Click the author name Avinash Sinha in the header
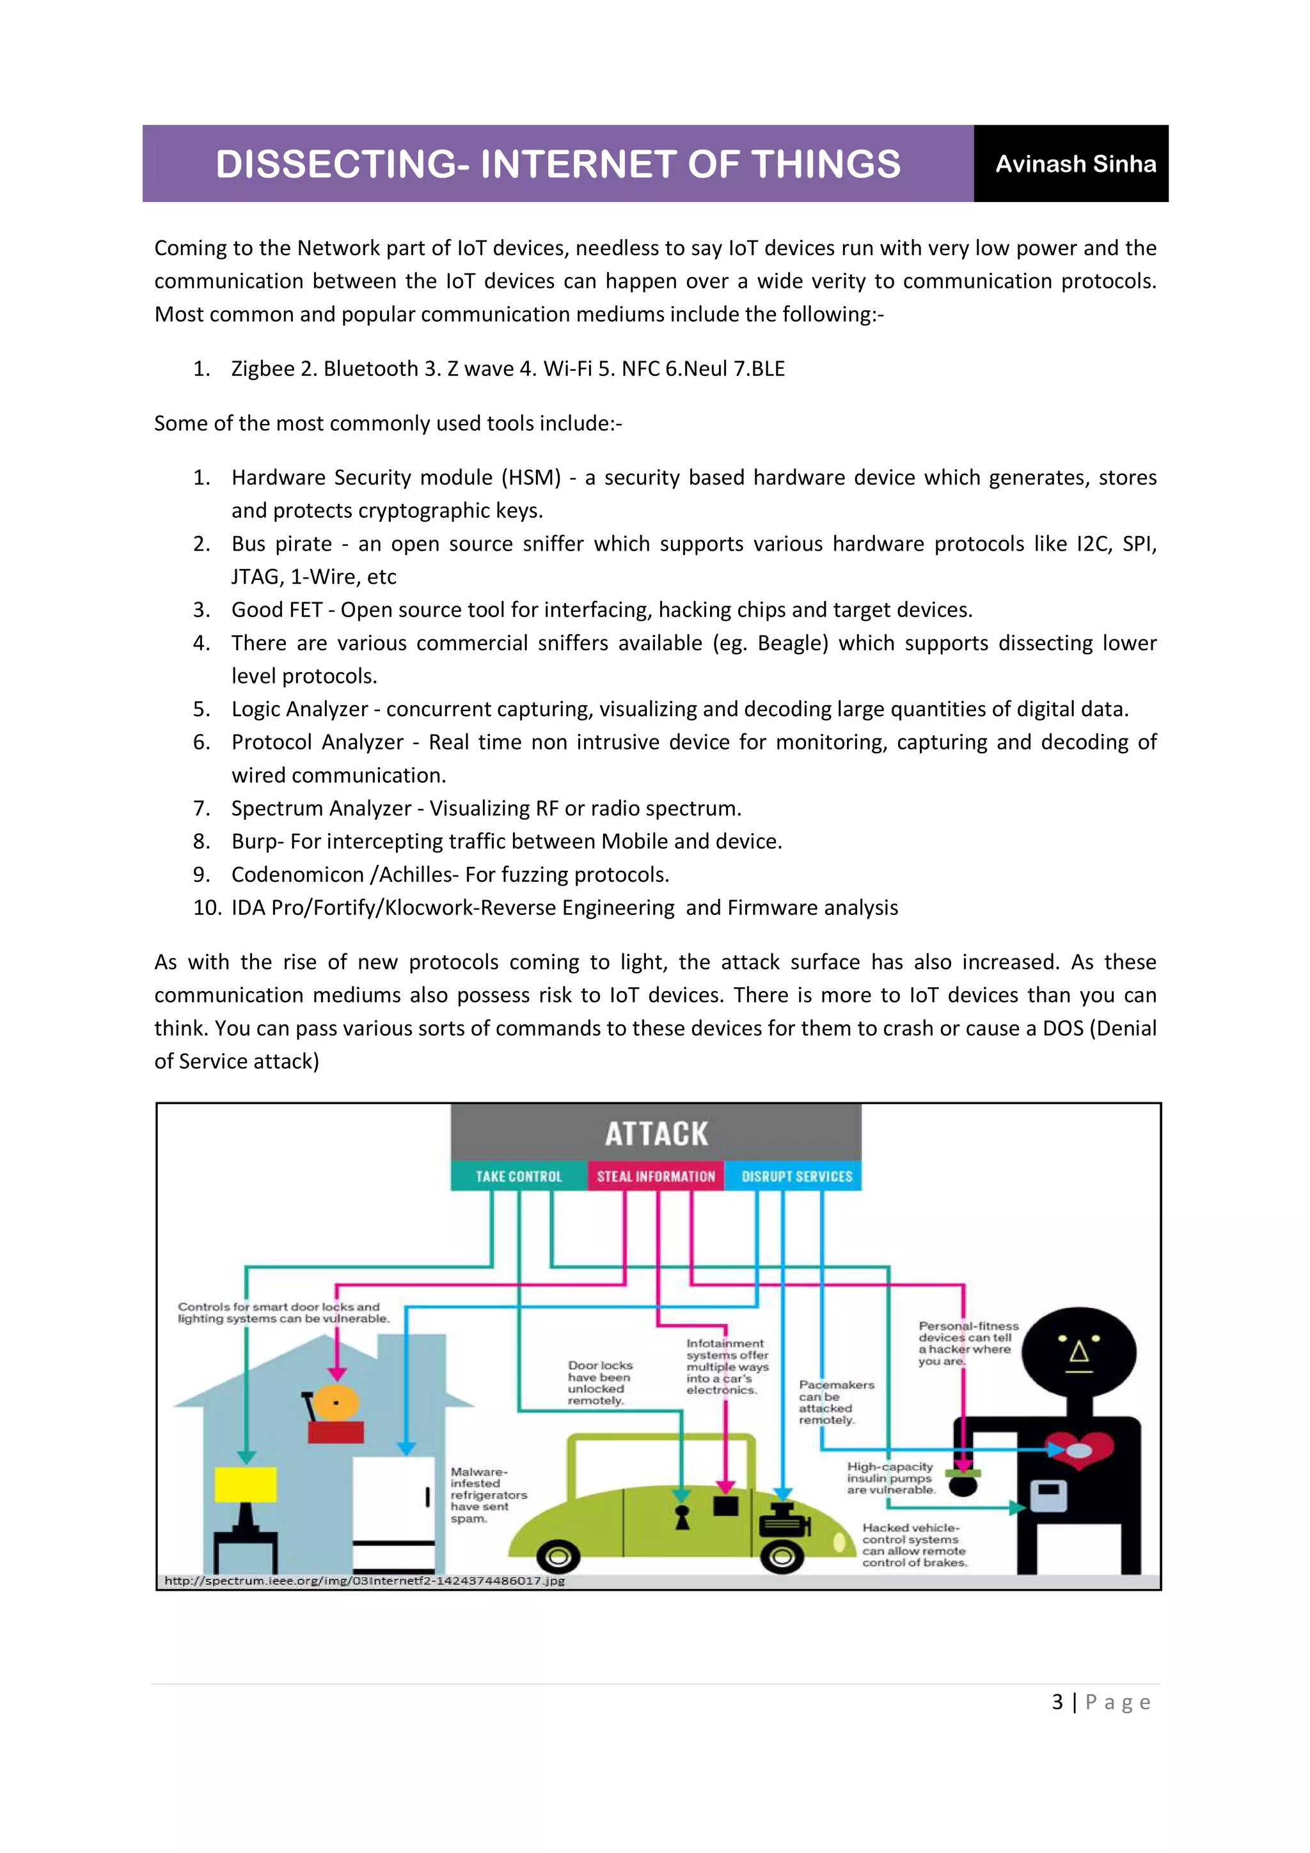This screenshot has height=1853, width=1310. click(x=1075, y=164)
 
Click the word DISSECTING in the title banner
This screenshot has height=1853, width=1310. click(x=339, y=164)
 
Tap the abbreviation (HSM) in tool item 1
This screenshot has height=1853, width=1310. click(x=530, y=478)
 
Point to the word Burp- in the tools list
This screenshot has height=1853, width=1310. click(x=256, y=841)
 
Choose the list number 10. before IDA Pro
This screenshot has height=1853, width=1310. click(x=207, y=908)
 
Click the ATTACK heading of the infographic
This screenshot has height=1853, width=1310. click(x=656, y=1134)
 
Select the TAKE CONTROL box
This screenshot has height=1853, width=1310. click(x=518, y=1176)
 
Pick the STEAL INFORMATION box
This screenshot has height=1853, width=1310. click(x=656, y=1176)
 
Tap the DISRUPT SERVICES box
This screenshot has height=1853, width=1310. click(x=796, y=1176)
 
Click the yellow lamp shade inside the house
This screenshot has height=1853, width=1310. click(x=246, y=1484)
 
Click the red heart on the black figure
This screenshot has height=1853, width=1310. click(x=1080, y=1450)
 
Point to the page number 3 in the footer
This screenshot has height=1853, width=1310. click(x=1057, y=1702)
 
